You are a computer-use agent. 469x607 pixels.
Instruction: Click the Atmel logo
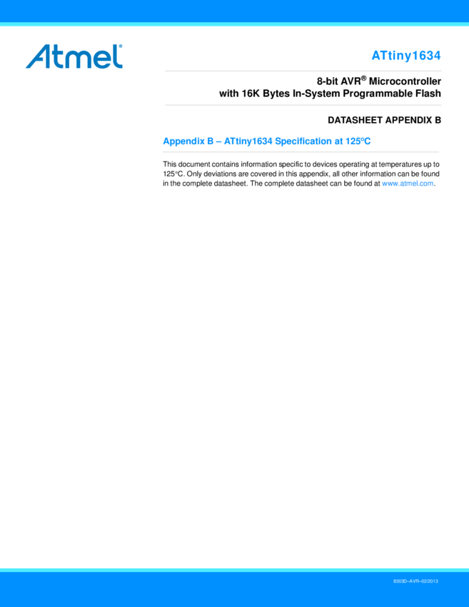click(74, 56)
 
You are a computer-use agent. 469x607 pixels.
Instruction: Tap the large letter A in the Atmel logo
click(38, 57)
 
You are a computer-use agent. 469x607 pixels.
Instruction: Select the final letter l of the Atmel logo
click(118, 56)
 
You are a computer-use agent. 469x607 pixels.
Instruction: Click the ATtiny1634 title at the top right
click(405, 56)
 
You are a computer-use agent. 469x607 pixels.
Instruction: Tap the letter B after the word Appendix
click(211, 141)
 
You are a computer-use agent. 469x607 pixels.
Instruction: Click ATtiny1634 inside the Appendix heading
click(248, 141)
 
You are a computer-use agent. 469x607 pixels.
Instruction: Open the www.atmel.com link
click(408, 184)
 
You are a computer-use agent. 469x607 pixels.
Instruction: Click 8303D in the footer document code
click(400, 582)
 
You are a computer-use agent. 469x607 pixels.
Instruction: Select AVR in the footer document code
click(415, 582)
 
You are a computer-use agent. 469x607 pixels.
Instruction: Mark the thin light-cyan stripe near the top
click(234, 24)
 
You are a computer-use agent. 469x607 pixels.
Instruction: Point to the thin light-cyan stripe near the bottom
click(234, 570)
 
